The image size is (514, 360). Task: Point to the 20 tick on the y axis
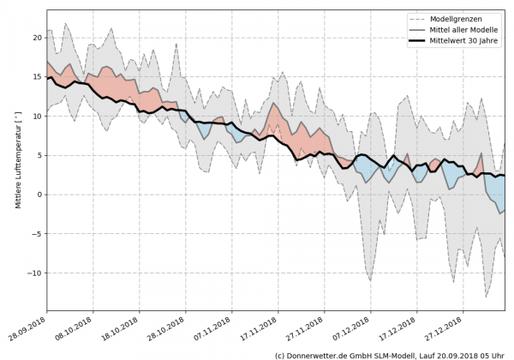(37, 38)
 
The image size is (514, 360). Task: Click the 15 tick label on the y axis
(37, 77)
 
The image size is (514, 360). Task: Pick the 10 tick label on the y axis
(37, 116)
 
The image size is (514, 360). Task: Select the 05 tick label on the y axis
(37, 155)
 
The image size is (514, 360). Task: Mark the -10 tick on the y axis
(35, 273)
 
